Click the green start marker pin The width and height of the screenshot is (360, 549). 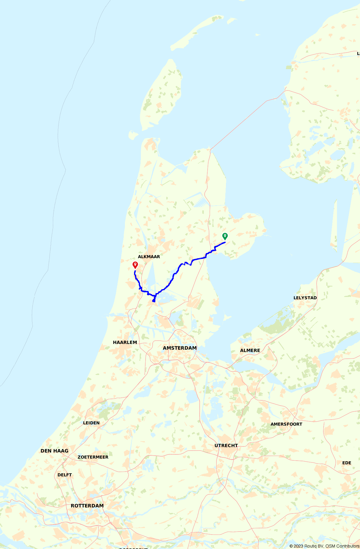tap(225, 236)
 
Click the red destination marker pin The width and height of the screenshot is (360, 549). tap(135, 264)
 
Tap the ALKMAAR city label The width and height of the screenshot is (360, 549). tap(149, 257)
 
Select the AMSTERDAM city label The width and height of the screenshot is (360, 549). tap(180, 348)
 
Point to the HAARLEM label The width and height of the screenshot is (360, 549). tap(125, 342)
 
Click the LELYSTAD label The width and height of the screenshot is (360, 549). tap(305, 298)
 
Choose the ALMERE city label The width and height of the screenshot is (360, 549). tap(250, 350)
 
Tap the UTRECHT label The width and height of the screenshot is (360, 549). tap(226, 446)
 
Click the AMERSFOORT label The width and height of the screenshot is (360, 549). tap(286, 424)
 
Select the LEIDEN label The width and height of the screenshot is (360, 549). tap(91, 423)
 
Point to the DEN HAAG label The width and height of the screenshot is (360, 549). tap(54, 451)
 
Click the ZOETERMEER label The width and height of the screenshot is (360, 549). tap(93, 457)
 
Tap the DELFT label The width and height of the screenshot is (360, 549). tap(65, 475)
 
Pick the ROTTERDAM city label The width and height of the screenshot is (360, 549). tap(87, 506)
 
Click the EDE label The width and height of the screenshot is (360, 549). tap(347, 463)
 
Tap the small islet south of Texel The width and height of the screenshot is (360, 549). tap(133, 135)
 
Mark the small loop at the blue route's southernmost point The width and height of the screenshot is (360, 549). tap(154, 301)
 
